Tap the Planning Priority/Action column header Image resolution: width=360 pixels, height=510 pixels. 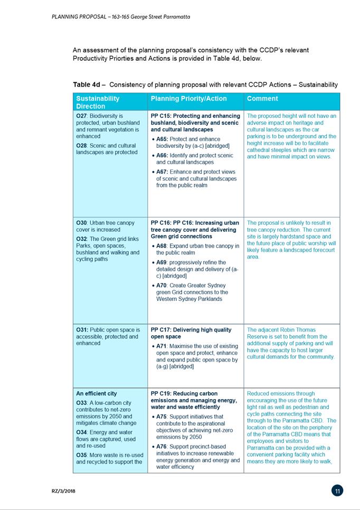(188, 99)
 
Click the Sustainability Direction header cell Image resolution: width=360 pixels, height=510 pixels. (98, 102)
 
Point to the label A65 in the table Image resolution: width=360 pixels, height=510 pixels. (162, 139)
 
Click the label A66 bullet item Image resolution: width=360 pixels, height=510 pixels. (162, 156)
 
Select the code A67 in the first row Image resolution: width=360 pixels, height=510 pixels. (162, 172)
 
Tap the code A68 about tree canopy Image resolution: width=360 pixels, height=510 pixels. (162, 246)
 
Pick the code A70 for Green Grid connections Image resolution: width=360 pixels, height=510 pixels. (162, 286)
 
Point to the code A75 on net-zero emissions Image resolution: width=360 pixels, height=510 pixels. (162, 417)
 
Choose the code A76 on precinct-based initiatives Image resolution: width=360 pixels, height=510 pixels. (162, 447)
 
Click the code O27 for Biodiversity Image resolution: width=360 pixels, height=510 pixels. (82, 116)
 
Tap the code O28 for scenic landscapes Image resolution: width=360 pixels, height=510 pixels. (82, 145)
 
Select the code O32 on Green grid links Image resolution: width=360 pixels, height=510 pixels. (82, 239)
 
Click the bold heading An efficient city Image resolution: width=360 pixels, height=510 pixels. (97, 394)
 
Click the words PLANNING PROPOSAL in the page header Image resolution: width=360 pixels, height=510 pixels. (78, 17)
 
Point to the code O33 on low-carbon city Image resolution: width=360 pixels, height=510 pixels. (82, 403)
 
